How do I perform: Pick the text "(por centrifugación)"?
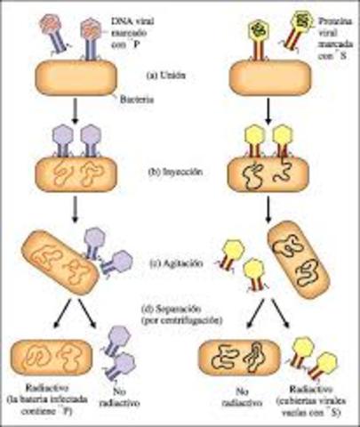(181, 318)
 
